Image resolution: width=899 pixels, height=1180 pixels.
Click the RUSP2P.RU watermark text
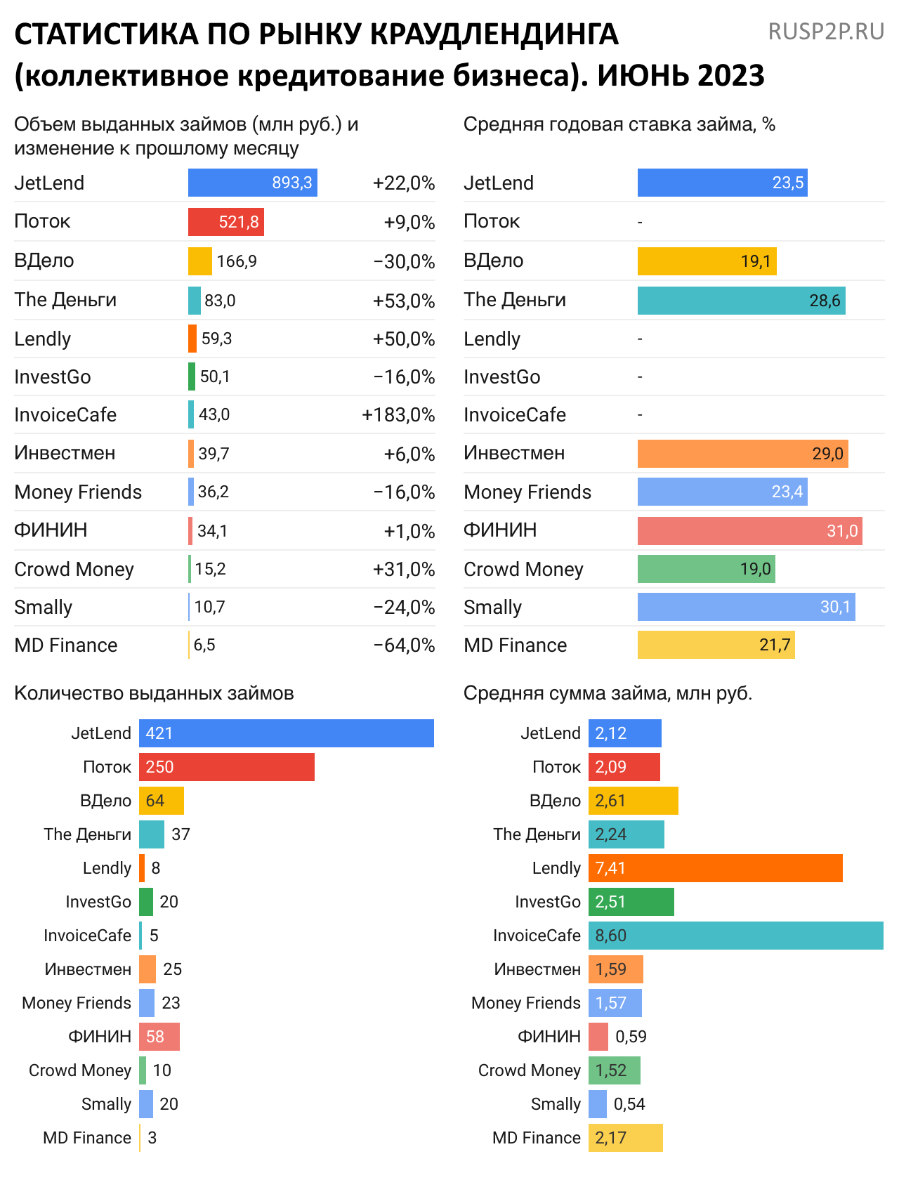(826, 32)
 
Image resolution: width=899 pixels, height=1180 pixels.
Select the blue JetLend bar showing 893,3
(252, 183)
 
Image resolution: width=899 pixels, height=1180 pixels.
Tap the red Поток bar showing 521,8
(225, 222)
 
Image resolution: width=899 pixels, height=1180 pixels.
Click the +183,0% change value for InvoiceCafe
(398, 415)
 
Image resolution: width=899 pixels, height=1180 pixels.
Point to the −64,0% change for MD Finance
(404, 645)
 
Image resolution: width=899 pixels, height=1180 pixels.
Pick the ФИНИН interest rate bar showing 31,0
(749, 531)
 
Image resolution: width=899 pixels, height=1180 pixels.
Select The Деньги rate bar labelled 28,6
(741, 301)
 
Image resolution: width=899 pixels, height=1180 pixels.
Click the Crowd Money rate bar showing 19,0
(706, 569)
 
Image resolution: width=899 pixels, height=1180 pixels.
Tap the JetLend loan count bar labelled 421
(286, 733)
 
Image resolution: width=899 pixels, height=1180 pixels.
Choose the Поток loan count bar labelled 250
(226, 767)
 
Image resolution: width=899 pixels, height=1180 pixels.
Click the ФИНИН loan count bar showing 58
(159, 1037)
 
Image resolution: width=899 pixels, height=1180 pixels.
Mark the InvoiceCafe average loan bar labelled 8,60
(735, 936)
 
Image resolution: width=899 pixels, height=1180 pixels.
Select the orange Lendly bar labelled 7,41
(715, 868)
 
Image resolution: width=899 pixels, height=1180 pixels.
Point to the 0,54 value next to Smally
(629, 1104)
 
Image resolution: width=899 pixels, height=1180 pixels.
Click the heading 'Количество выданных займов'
(154, 693)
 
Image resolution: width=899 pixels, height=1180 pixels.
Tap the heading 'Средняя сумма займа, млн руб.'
(608, 693)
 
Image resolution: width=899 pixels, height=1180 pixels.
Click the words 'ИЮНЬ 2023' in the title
(681, 76)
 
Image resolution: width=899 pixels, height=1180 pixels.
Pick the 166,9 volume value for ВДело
(237, 261)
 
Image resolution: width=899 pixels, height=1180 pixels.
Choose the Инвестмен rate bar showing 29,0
(742, 454)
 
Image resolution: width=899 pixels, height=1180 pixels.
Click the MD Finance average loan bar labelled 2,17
(625, 1138)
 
